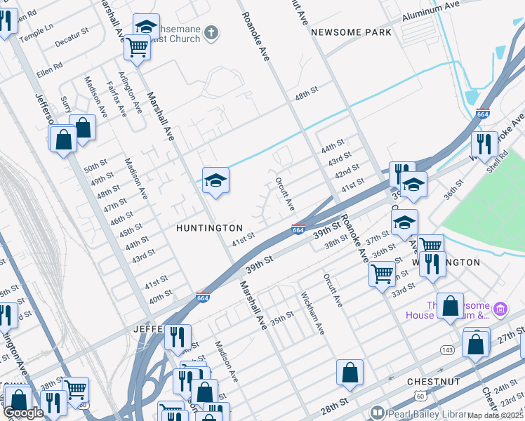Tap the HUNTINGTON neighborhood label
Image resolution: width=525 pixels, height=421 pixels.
pyautogui.click(x=209, y=228)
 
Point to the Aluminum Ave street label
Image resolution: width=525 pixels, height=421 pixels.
pyautogui.click(x=430, y=13)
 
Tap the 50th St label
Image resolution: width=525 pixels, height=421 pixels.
pyautogui.click(x=94, y=169)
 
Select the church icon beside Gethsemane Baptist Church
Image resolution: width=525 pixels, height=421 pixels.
pyautogui.click(x=211, y=32)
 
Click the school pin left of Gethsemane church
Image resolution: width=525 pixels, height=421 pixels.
pyautogui.click(x=146, y=27)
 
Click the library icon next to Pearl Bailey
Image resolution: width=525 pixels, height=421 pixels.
pyautogui.click(x=378, y=413)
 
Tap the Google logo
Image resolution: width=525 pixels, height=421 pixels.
pyautogui.click(x=22, y=413)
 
